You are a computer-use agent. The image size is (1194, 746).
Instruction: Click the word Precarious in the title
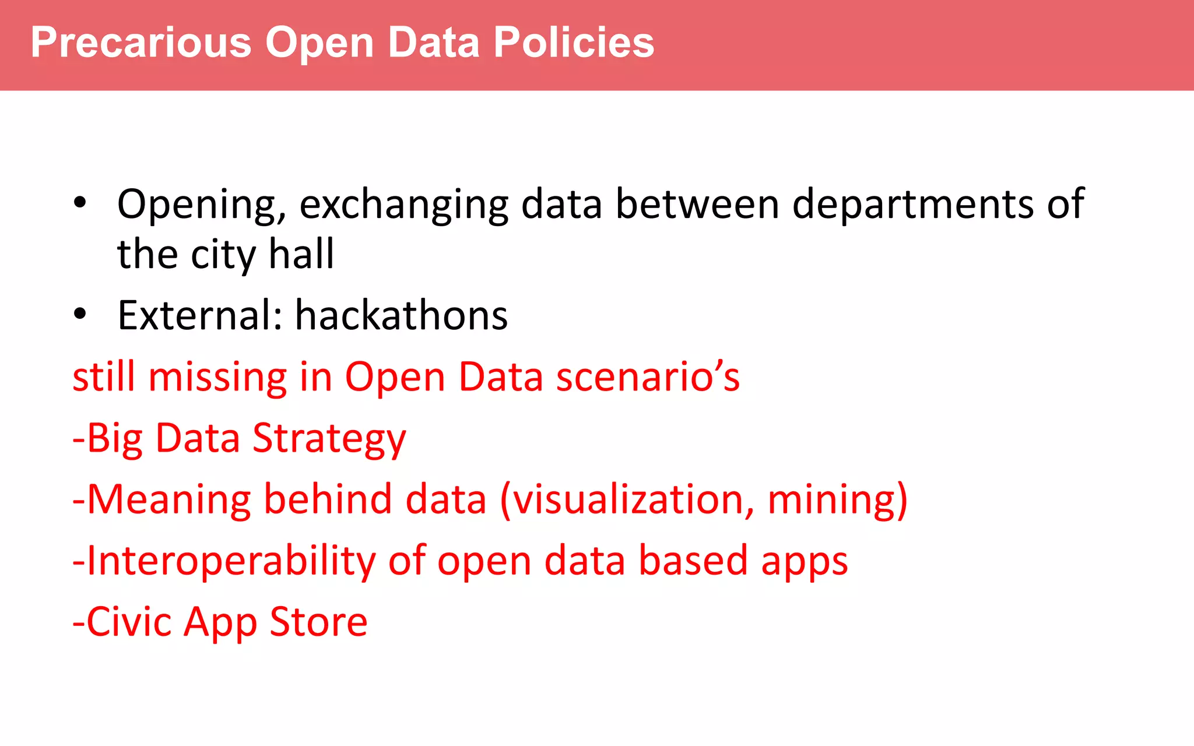141,43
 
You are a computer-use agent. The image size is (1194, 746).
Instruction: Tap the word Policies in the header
574,43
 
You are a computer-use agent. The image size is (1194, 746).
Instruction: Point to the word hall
301,255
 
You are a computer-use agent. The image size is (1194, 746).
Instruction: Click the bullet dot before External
80,314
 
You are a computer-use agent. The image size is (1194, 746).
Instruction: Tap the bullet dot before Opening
80,203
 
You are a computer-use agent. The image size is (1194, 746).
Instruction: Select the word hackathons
401,316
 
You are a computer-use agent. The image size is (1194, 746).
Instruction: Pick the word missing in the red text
217,377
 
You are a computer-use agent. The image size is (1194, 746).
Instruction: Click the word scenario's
648,377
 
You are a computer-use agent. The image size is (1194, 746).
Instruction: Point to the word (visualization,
627,500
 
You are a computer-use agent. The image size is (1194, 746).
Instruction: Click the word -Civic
122,622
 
